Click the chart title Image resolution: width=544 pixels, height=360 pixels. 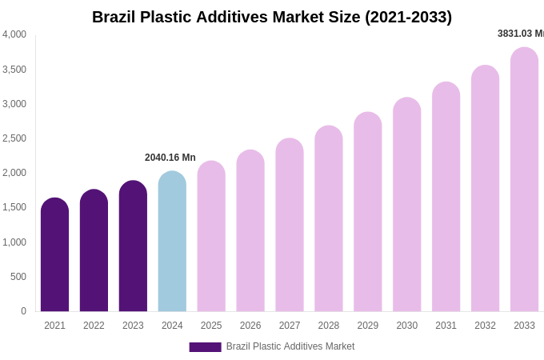tap(272, 17)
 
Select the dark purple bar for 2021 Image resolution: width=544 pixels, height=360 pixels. tap(54, 256)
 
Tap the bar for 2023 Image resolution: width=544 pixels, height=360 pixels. tap(133, 248)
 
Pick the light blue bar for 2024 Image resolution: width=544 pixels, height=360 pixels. tap(172, 242)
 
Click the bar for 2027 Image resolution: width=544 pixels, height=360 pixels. tap(290, 226)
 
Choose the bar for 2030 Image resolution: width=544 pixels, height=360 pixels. tap(406, 206)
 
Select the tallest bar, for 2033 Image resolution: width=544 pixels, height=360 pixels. tap(524, 181)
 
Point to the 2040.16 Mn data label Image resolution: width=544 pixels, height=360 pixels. tap(170, 158)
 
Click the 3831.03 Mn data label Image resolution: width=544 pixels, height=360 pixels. tap(520, 34)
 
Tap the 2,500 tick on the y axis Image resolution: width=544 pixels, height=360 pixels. tap(14, 138)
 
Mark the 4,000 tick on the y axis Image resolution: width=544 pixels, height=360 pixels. tap(14, 34)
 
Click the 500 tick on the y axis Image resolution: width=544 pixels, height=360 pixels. tap(18, 277)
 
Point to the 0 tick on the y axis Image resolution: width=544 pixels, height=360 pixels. tap(23, 311)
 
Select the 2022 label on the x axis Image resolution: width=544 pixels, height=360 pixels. tap(94, 326)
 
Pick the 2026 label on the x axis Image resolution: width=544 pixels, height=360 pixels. tap(250, 326)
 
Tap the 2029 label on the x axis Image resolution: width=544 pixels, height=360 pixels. tap(368, 326)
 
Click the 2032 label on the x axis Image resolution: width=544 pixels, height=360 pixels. tap(485, 326)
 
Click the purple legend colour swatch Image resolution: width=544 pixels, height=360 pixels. tap(205, 347)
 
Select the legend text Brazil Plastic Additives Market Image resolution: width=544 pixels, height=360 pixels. tap(290, 346)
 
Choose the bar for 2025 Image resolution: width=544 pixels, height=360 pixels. tap(211, 238)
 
